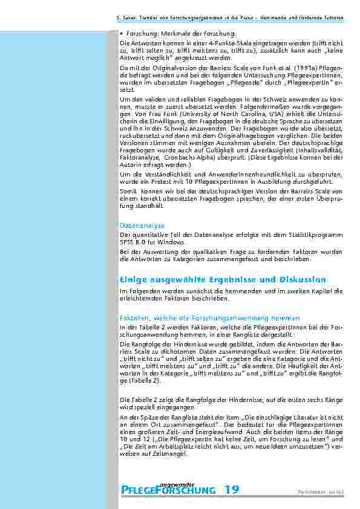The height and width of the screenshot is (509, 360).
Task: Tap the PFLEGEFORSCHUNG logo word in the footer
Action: [x=168, y=490]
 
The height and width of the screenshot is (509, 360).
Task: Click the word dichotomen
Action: [x=161, y=350]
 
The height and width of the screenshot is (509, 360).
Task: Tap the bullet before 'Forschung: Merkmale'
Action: [x=122, y=34]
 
